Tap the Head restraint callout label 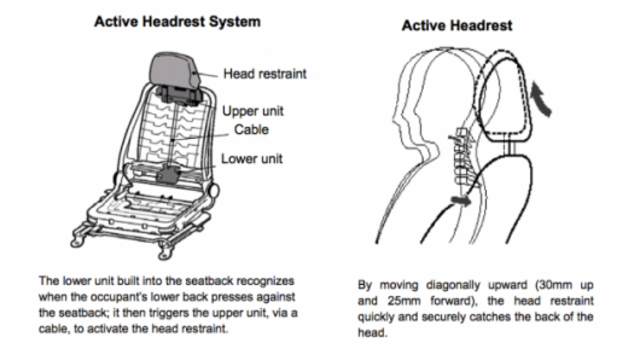click(265, 73)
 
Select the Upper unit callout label click(251, 111)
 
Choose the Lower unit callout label click(251, 159)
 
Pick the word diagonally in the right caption click(451, 284)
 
